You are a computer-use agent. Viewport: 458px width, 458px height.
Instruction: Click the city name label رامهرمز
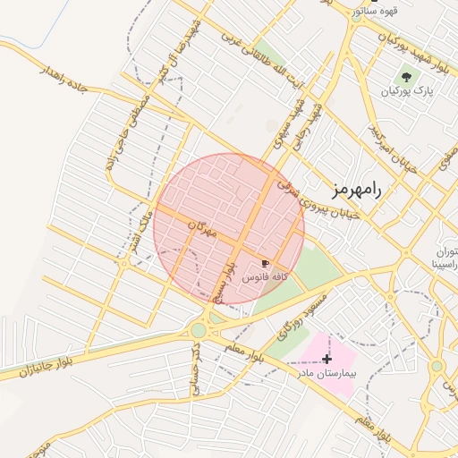(x=355, y=190)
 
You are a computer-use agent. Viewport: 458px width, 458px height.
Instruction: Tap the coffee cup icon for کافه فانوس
(x=265, y=262)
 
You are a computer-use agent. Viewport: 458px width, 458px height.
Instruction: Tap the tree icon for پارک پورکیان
(x=407, y=78)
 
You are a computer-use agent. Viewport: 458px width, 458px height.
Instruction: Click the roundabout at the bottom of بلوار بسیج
(x=198, y=331)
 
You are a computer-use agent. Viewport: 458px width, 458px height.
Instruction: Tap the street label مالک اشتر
(x=140, y=228)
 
